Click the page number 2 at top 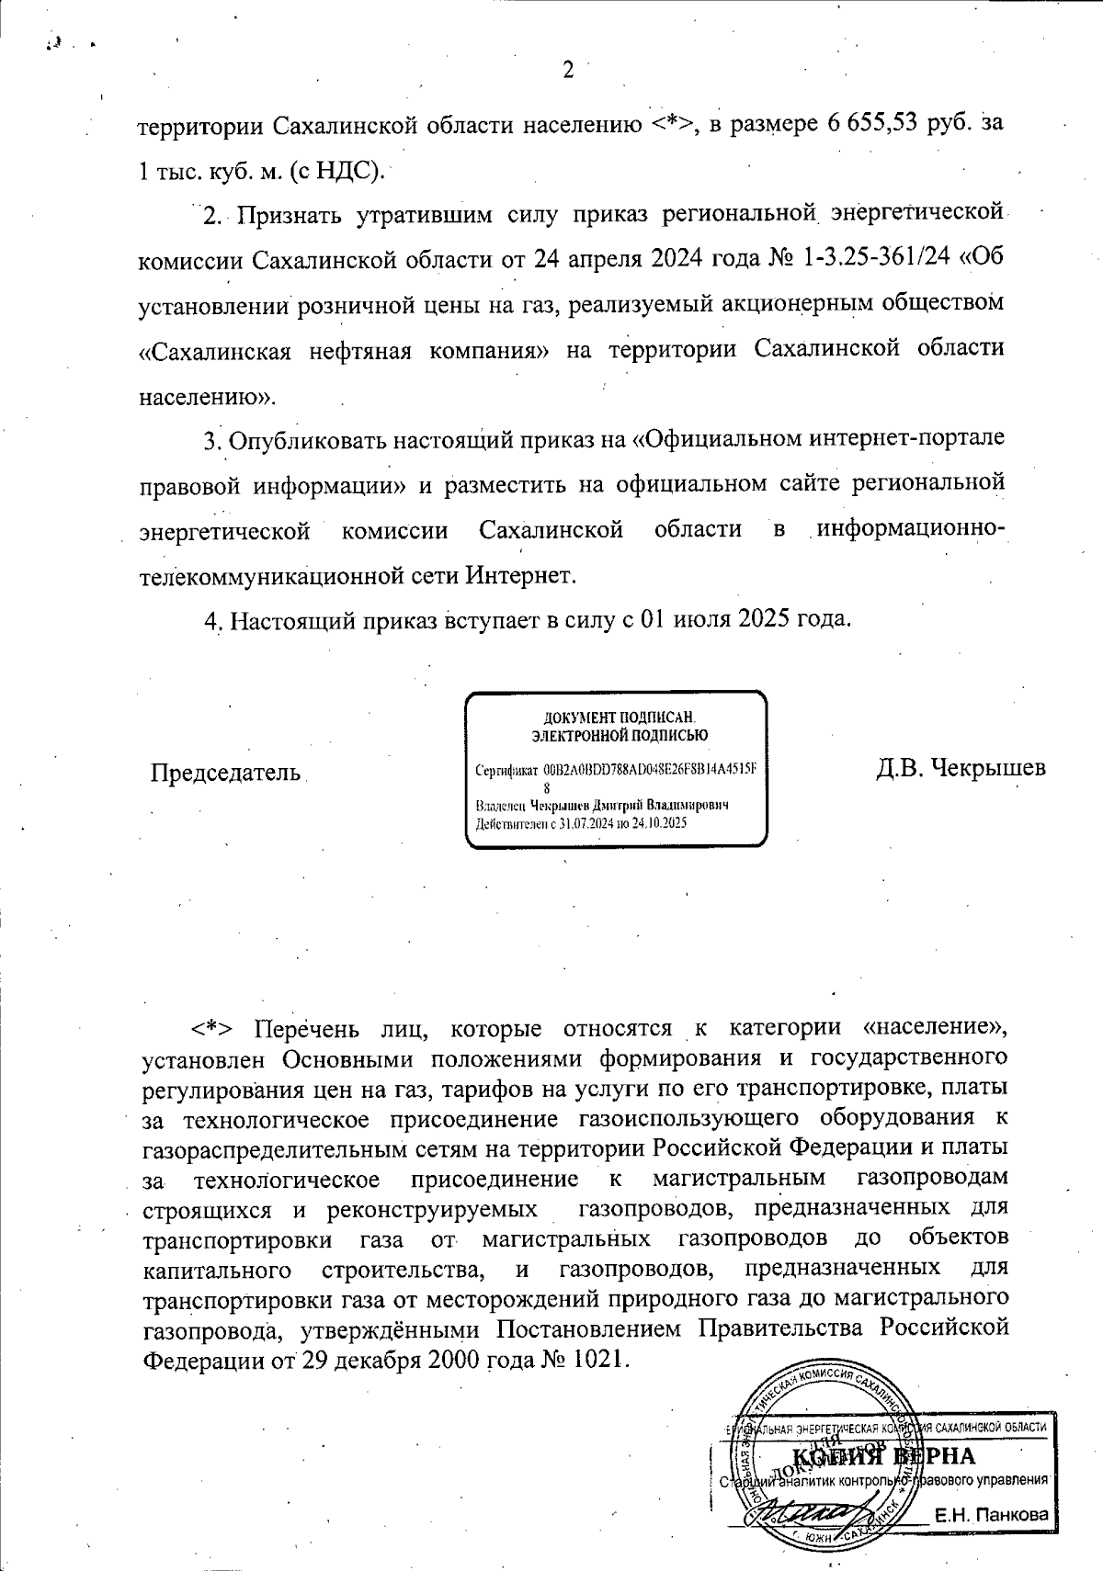[x=567, y=71]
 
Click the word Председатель [x=226, y=771]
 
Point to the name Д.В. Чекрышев [x=961, y=767]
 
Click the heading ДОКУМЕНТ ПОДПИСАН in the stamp [x=615, y=718]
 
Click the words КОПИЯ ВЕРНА [x=882, y=1457]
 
